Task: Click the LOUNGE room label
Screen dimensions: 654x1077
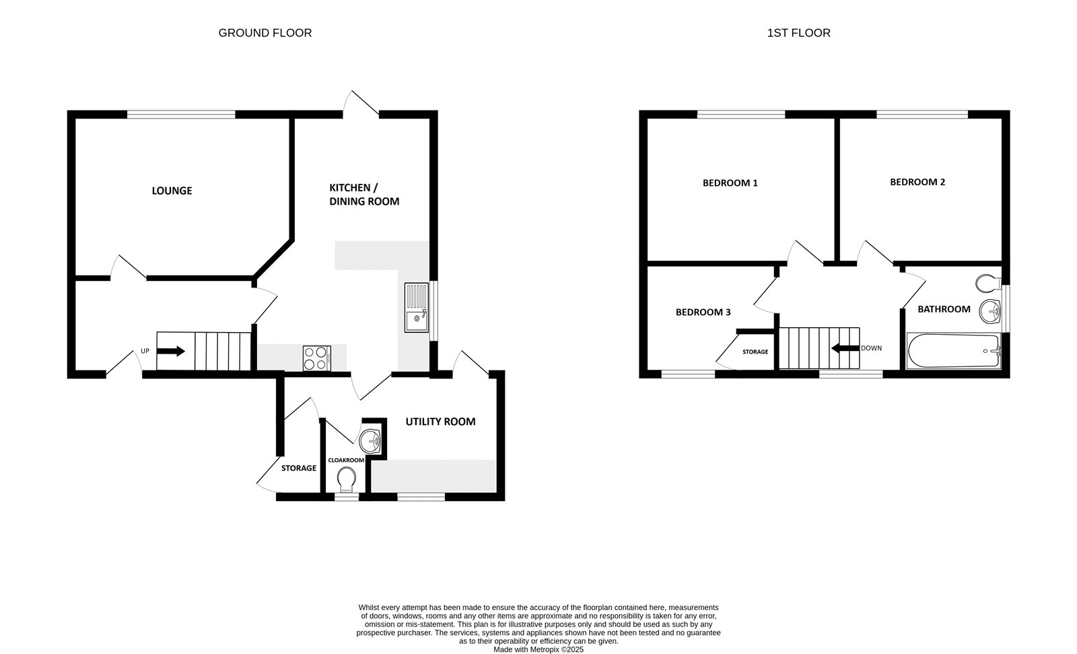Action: pyautogui.click(x=172, y=191)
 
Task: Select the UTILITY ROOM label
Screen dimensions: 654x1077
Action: pyautogui.click(x=440, y=422)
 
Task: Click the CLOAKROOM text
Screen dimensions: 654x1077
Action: pyautogui.click(x=345, y=460)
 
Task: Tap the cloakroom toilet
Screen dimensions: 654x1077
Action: pyautogui.click(x=347, y=481)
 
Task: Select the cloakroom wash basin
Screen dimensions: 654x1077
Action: pyautogui.click(x=370, y=441)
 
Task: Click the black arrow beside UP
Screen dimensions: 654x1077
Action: pyautogui.click(x=171, y=351)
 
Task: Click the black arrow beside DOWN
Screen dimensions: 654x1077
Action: pyautogui.click(x=845, y=348)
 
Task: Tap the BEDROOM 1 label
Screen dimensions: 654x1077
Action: pyautogui.click(x=730, y=183)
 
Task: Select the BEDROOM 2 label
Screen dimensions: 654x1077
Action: pyautogui.click(x=917, y=182)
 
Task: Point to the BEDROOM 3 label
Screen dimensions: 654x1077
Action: pyautogui.click(x=703, y=313)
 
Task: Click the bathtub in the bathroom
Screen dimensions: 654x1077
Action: pyautogui.click(x=953, y=351)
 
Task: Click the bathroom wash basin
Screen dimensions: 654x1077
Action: pyautogui.click(x=990, y=310)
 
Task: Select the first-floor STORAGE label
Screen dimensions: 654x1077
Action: pyautogui.click(x=755, y=352)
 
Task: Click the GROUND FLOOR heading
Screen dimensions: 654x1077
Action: pyautogui.click(x=265, y=32)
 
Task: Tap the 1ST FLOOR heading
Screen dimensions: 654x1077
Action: pyautogui.click(x=798, y=32)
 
